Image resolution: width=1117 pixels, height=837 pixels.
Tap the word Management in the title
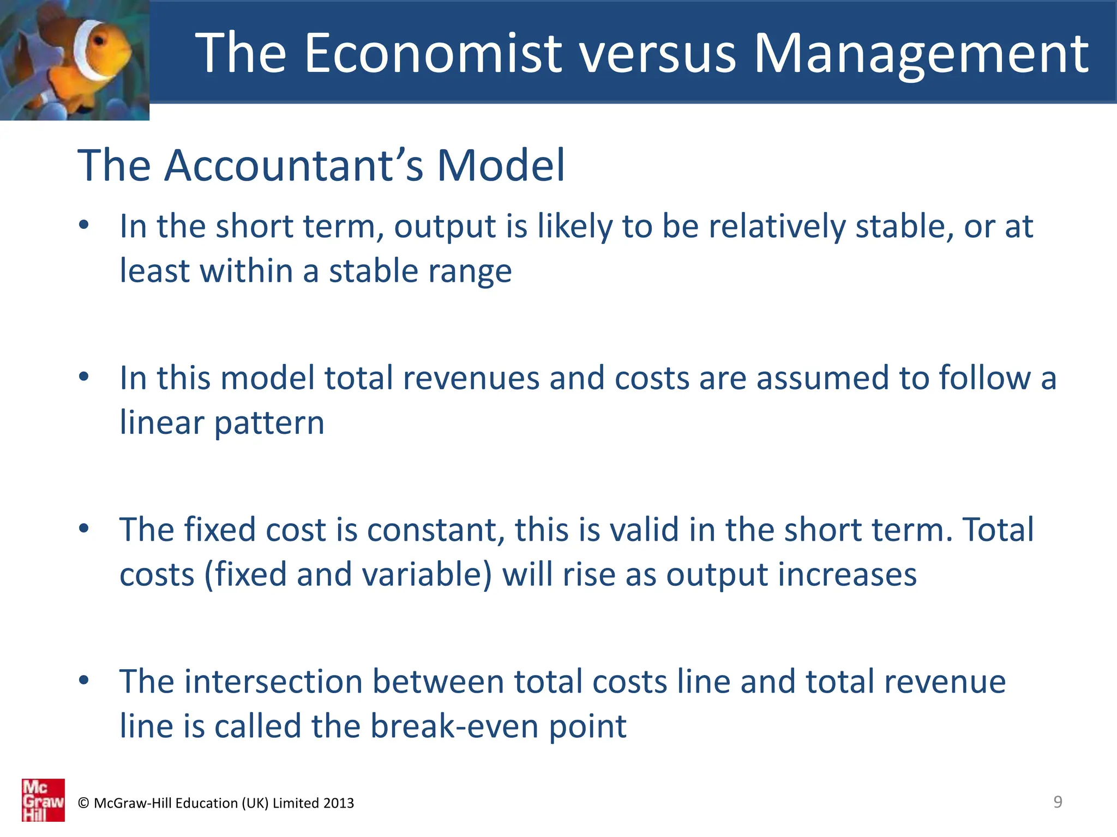[x=921, y=53]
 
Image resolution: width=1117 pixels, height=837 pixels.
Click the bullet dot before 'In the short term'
[x=83, y=225]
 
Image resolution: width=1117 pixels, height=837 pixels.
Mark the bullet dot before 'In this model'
[x=83, y=377]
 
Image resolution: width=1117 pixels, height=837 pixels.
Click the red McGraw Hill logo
[x=43, y=800]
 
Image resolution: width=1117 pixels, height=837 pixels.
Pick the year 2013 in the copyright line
[x=338, y=803]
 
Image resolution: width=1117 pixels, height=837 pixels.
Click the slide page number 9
[x=1058, y=802]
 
